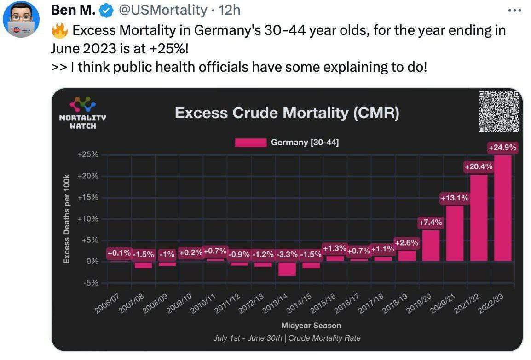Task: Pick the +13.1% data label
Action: pos(455,198)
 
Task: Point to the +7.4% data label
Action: pos(431,223)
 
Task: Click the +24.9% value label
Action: pos(502,148)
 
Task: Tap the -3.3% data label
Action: pos(287,254)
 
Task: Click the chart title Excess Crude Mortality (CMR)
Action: pos(287,113)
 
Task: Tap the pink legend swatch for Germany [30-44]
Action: pos(250,143)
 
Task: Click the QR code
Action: pos(499,112)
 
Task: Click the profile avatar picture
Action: pos(21,19)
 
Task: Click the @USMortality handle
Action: pos(163,10)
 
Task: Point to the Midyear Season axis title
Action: pos(311,326)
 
